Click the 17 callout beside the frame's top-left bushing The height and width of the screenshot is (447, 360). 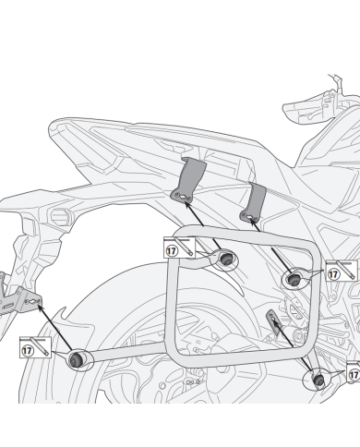tap(173, 249)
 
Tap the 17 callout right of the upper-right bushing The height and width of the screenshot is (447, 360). tap(333, 275)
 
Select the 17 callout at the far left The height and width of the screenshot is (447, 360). tap(26, 351)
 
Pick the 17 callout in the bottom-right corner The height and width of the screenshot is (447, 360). tap(353, 376)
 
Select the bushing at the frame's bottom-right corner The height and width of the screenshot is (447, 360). tap(319, 377)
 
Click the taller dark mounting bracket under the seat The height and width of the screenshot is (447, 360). tap(188, 177)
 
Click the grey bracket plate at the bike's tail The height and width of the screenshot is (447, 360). tap(20, 293)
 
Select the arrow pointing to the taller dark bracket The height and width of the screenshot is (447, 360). tap(202, 223)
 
